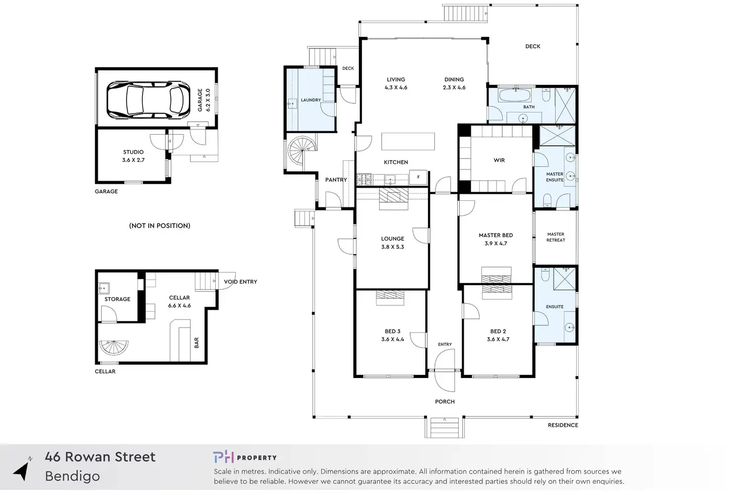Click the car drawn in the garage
(x=148, y=100)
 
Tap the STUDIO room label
(x=133, y=152)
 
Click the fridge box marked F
(x=418, y=177)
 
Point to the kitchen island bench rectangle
(x=408, y=142)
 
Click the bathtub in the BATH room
(x=515, y=95)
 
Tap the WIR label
(x=499, y=160)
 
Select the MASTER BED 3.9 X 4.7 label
(x=496, y=239)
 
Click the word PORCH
(x=445, y=402)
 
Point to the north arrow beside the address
(x=22, y=470)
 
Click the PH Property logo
(x=245, y=457)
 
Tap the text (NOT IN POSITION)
(x=160, y=226)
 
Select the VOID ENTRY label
(x=240, y=282)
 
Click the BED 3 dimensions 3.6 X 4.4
(x=393, y=340)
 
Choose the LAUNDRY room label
(x=311, y=100)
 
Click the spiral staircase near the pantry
(x=301, y=151)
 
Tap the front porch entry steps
(x=445, y=427)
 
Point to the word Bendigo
(x=72, y=476)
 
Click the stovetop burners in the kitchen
(x=364, y=180)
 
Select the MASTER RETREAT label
(x=555, y=237)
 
